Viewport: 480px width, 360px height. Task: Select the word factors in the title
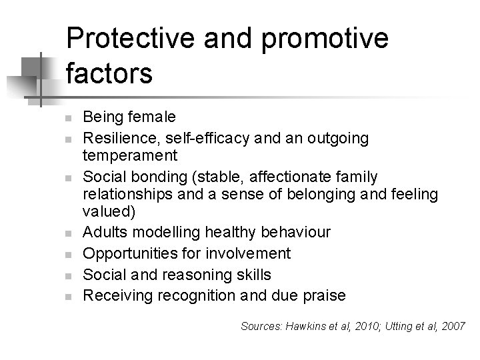click(110, 73)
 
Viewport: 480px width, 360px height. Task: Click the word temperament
click(130, 156)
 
